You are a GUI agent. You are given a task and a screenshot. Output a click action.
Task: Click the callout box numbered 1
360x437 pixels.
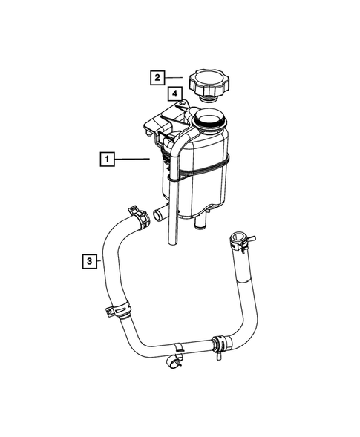(108, 158)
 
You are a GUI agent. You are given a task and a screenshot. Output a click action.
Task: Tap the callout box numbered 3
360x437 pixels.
(88, 260)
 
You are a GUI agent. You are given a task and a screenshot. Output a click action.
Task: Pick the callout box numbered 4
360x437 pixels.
(174, 93)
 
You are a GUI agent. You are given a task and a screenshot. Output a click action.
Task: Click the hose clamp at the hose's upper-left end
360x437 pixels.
(136, 215)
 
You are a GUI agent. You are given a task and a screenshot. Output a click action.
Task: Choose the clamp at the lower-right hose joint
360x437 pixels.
(218, 344)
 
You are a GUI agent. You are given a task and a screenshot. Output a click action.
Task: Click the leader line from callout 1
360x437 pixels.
(134, 158)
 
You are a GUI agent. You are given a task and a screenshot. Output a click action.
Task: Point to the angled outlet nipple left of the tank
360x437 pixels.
(157, 214)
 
